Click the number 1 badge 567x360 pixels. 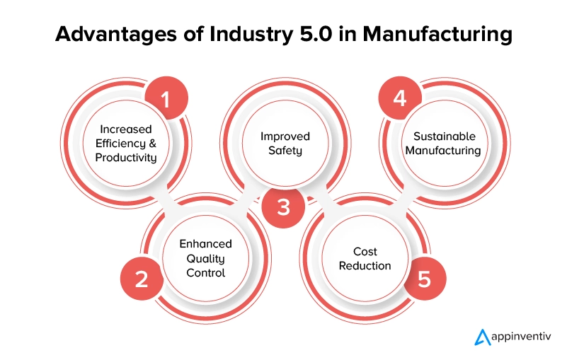tap(166, 100)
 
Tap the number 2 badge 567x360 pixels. tap(142, 279)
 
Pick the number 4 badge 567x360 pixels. tap(401, 98)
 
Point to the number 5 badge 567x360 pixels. tap(424, 279)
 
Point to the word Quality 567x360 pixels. tap(205, 257)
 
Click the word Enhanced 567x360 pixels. tap(205, 244)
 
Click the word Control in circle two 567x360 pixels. tap(205, 272)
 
